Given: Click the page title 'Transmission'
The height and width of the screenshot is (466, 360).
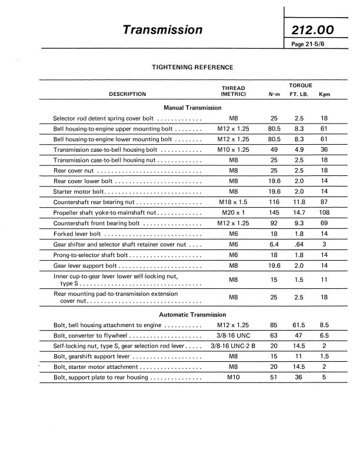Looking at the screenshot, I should click(163, 29).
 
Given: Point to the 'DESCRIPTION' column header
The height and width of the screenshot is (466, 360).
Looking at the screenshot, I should click(128, 94).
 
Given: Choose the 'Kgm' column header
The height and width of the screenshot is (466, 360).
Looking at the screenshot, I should click(324, 94).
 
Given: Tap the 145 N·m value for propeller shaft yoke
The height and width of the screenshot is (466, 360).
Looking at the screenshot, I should click(274, 213).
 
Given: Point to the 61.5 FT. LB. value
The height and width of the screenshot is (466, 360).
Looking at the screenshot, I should click(299, 325).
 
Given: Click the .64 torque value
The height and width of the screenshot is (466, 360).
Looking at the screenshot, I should click(299, 245).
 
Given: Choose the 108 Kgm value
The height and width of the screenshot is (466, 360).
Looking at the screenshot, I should click(324, 213).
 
